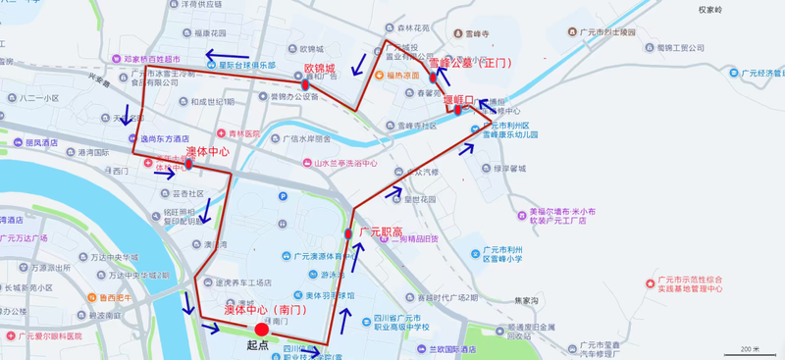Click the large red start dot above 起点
click(260, 330)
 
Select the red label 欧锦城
click(320, 69)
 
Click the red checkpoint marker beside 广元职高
click(348, 233)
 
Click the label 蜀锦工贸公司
click(680, 46)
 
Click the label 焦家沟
click(528, 300)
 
